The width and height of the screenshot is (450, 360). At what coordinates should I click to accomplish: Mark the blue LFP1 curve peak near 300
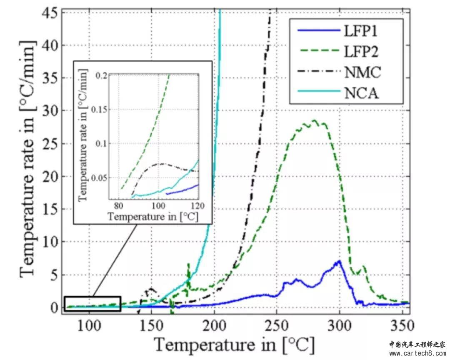(x=339, y=261)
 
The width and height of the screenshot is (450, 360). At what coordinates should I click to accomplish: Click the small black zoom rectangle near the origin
(x=92, y=304)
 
